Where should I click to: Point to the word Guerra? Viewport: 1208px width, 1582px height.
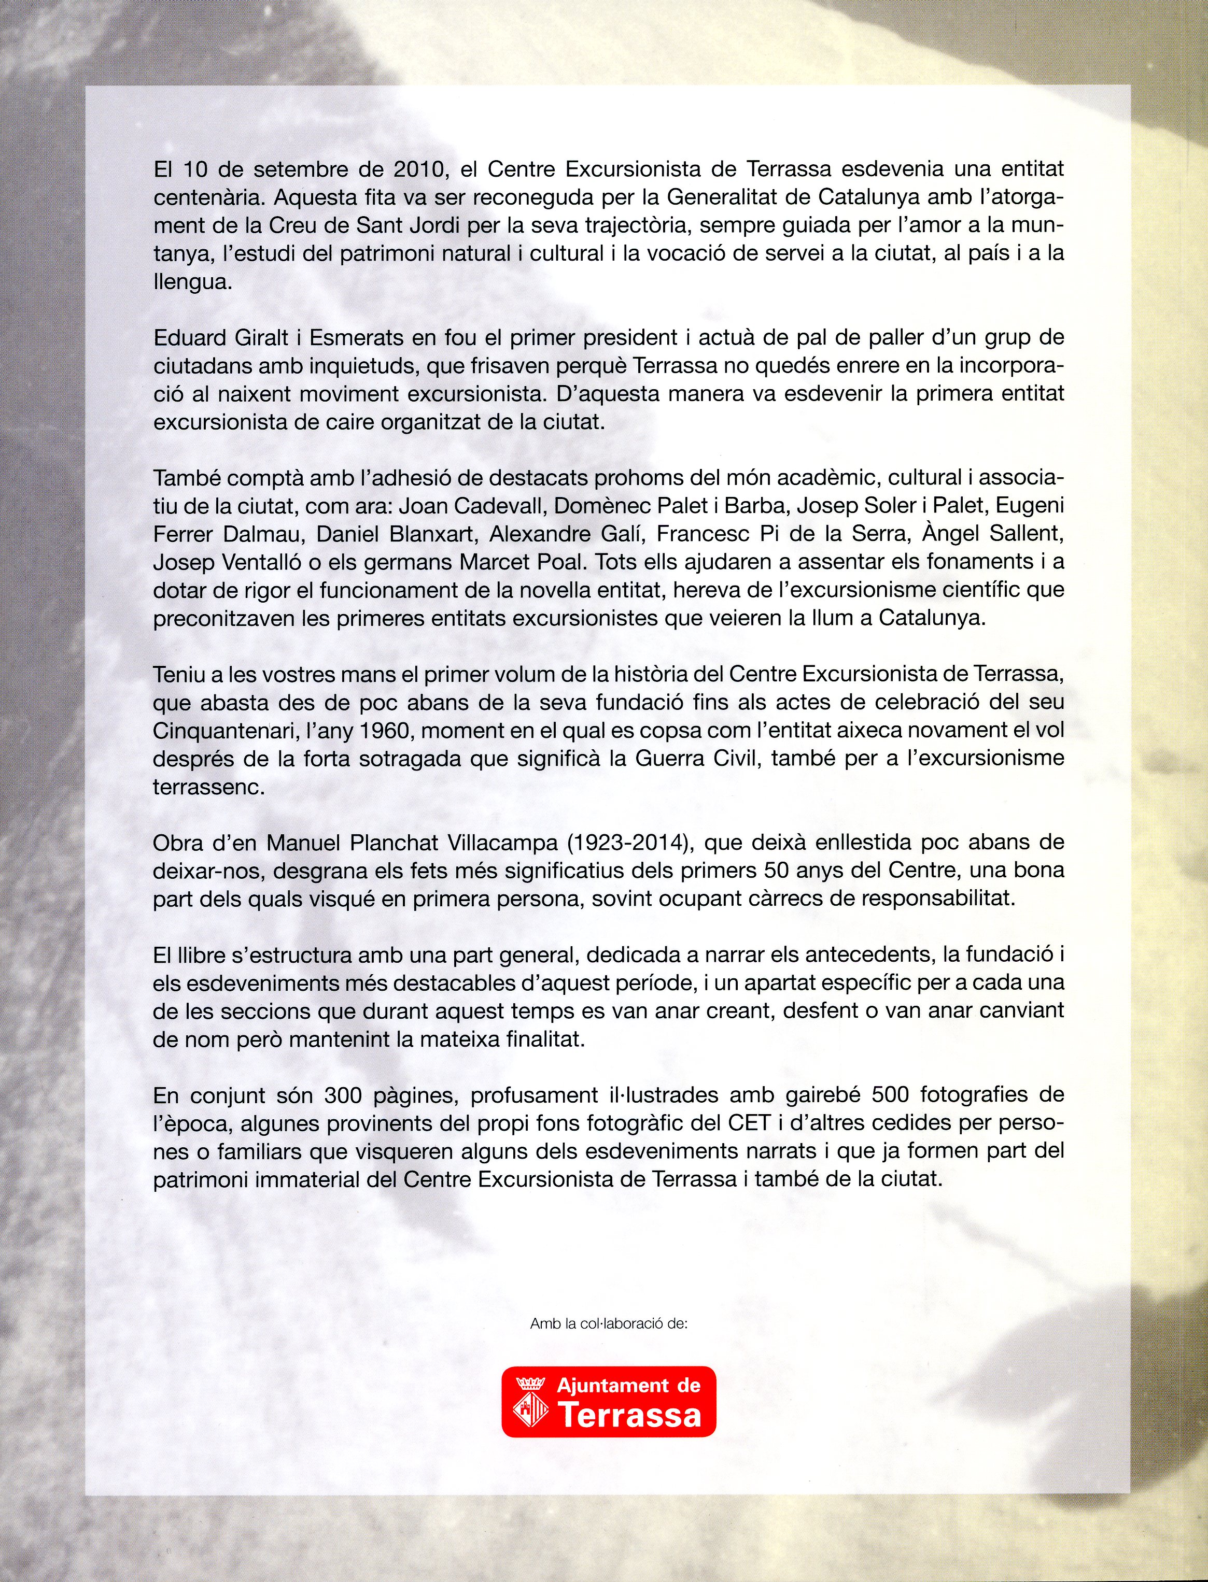(668, 758)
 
